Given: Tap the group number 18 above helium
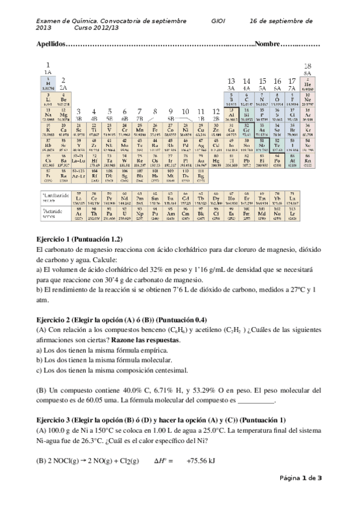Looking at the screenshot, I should [307, 66].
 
